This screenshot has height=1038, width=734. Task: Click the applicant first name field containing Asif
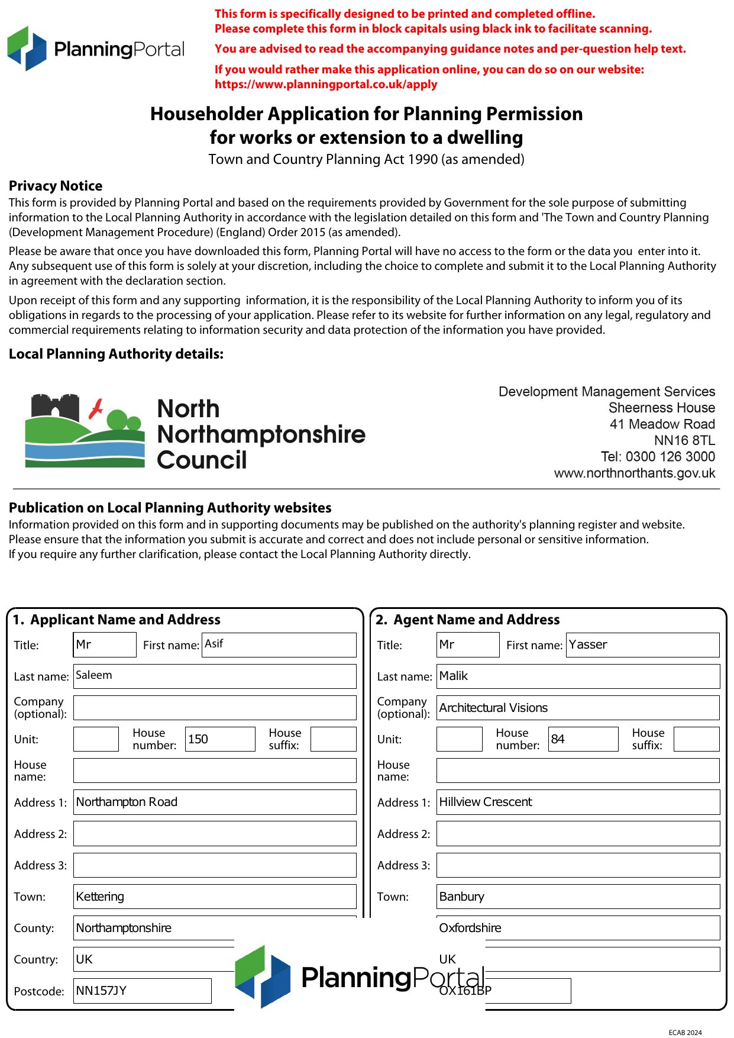279,644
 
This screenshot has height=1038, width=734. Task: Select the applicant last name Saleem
215,676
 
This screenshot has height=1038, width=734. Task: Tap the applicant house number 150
219,739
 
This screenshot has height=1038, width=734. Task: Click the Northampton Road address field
215,802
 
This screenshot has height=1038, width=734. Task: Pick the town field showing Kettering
215,897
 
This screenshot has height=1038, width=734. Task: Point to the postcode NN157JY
142,991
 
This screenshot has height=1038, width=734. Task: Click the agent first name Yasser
642,644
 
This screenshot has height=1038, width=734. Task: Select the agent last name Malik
578,676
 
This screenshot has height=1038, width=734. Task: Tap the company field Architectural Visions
578,708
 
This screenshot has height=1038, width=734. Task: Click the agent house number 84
583,739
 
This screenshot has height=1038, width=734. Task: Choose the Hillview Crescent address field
578,802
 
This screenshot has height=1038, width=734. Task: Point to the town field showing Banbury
578,897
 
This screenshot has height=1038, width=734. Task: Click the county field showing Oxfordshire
578,928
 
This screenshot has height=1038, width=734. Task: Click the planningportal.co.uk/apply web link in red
326,84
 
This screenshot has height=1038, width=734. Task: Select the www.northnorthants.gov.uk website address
634,473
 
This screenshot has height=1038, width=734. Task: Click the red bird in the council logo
96,408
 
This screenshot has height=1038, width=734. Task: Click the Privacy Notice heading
56,186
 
